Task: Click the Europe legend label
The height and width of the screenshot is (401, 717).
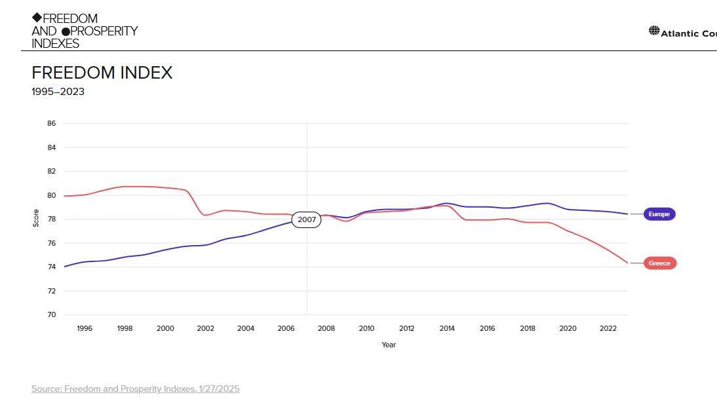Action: [x=659, y=214]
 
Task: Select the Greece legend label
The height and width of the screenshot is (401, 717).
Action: [x=659, y=263]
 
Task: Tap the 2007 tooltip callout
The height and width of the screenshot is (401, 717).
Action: [x=307, y=220]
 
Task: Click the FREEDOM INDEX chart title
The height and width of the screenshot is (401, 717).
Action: [x=102, y=73]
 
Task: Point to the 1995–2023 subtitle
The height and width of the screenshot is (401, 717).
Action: [x=58, y=92]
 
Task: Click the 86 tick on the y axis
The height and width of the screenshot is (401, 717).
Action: [x=51, y=124]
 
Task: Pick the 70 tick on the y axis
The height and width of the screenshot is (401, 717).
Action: [x=51, y=315]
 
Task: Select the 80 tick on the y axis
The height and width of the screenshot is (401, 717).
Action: [x=51, y=195]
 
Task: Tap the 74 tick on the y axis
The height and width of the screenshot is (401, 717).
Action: [x=51, y=267]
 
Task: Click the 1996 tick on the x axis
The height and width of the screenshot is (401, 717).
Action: [x=85, y=329]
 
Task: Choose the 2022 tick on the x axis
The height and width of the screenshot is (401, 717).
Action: [x=608, y=329]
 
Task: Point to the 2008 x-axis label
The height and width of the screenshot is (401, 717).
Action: [x=326, y=329]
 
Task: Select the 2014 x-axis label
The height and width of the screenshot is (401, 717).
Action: [x=447, y=329]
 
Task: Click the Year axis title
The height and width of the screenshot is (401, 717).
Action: [x=389, y=345]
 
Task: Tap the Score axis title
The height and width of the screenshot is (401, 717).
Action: [x=36, y=219]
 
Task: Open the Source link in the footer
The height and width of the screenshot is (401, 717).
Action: [x=136, y=389]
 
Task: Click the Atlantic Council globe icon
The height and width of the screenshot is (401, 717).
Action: [x=654, y=31]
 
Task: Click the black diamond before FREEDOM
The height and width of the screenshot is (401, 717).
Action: [x=37, y=18]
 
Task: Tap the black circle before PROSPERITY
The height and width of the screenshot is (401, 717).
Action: [x=66, y=31]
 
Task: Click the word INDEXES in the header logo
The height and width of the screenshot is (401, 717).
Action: [x=55, y=44]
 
